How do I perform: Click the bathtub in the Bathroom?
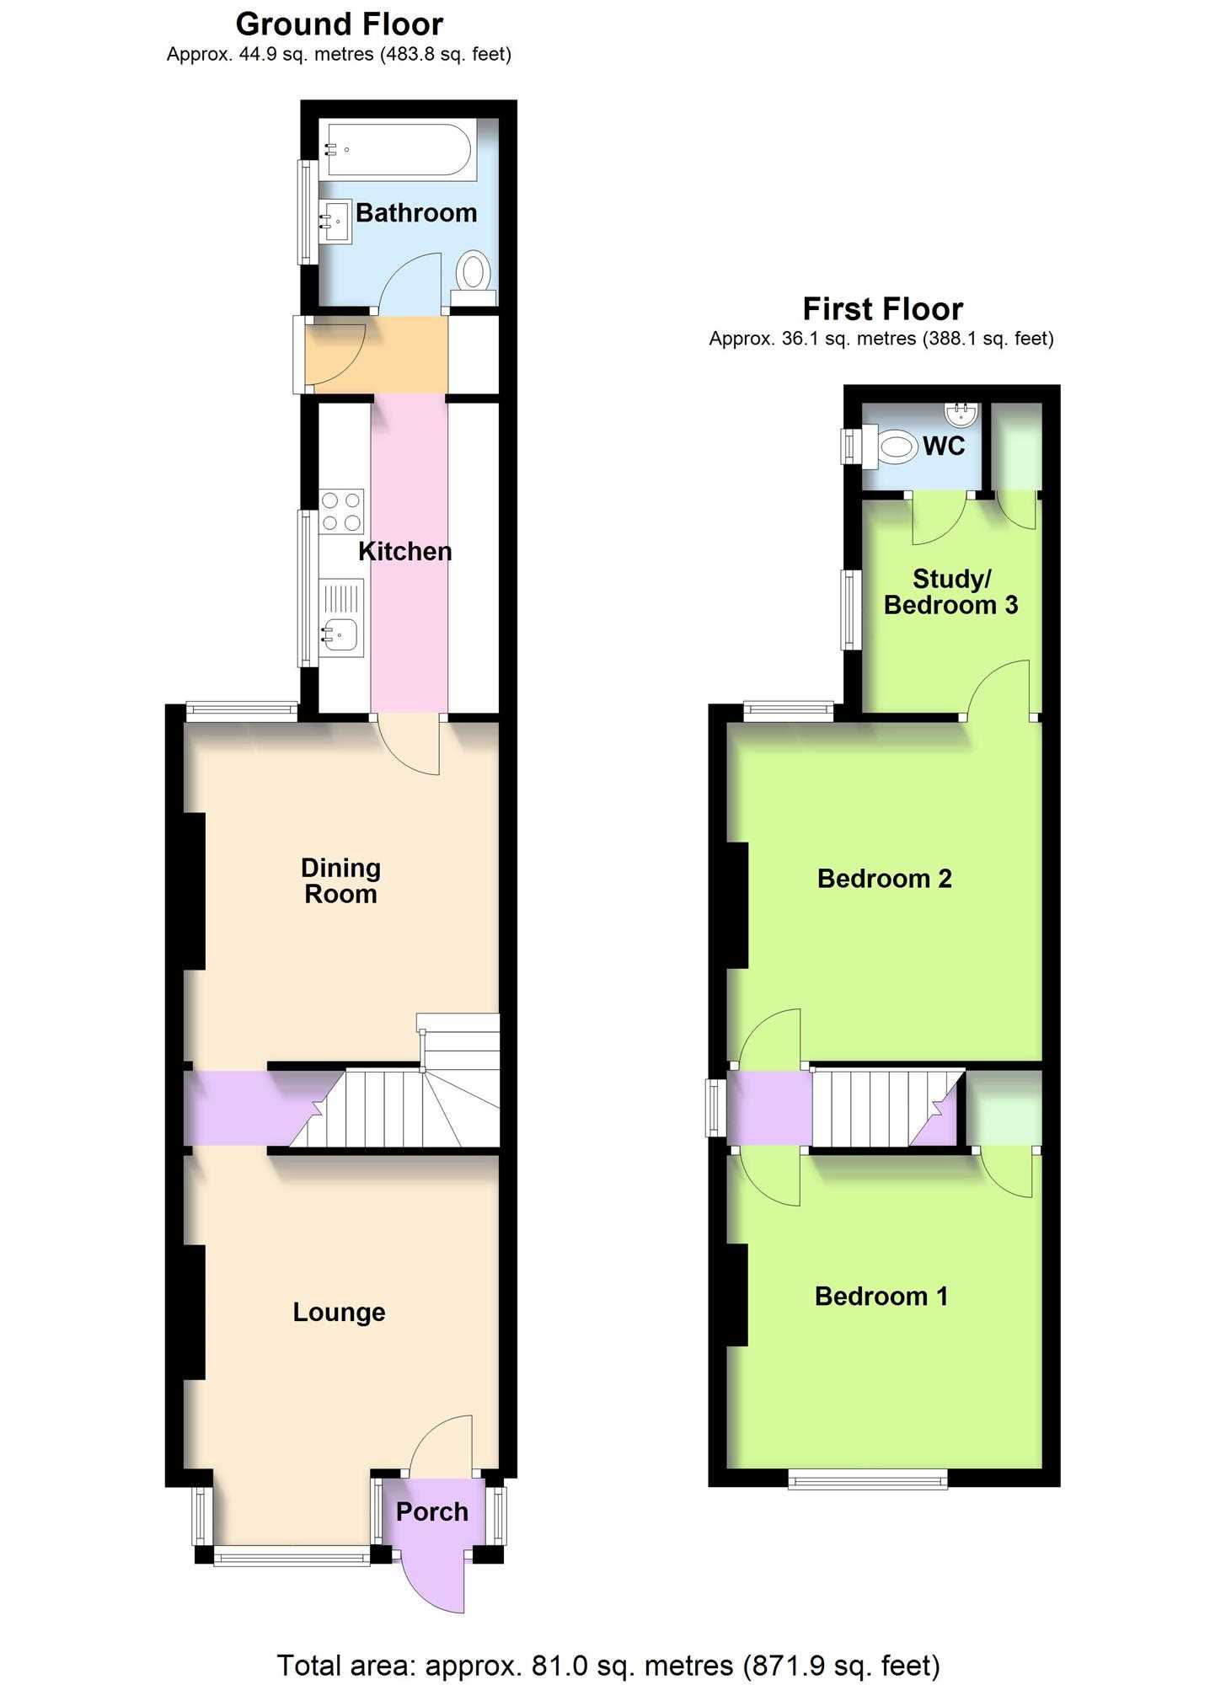point(401,150)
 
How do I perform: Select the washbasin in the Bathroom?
point(335,222)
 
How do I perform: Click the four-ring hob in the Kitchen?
point(341,511)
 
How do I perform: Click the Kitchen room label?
point(405,552)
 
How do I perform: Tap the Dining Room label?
point(341,880)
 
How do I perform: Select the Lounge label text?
point(340,1312)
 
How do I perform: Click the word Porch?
point(432,1511)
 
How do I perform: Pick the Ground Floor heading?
point(340,24)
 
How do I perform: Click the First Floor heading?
point(883,309)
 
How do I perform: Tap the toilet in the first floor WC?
point(893,447)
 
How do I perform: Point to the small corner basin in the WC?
point(961,414)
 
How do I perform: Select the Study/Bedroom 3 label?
point(951,591)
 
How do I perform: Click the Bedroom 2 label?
point(885,879)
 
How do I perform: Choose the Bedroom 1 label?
point(881,1296)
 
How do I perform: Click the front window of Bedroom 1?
point(868,1479)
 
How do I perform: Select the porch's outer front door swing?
point(434,1583)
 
